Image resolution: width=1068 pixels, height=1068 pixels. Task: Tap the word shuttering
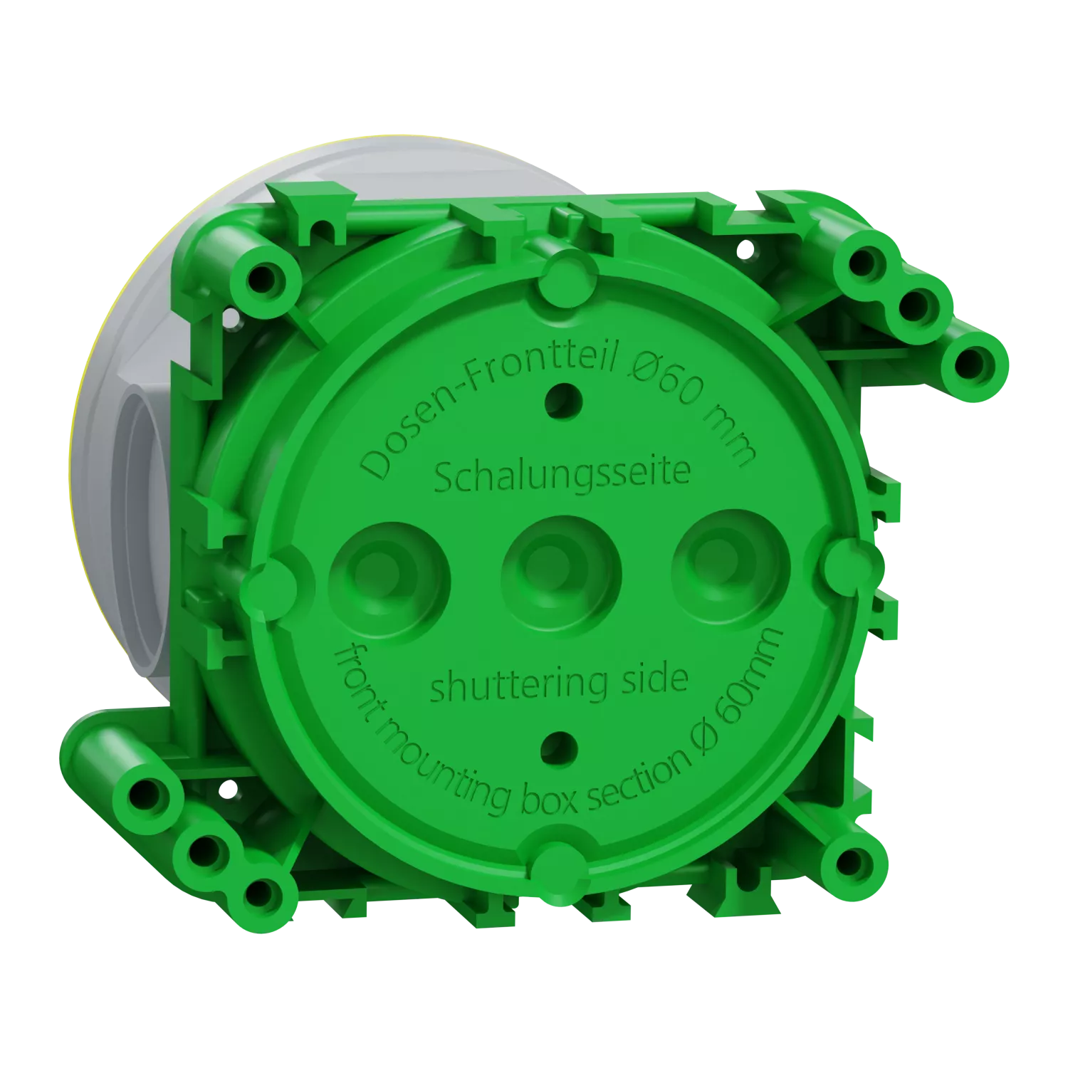pos(518,686)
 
